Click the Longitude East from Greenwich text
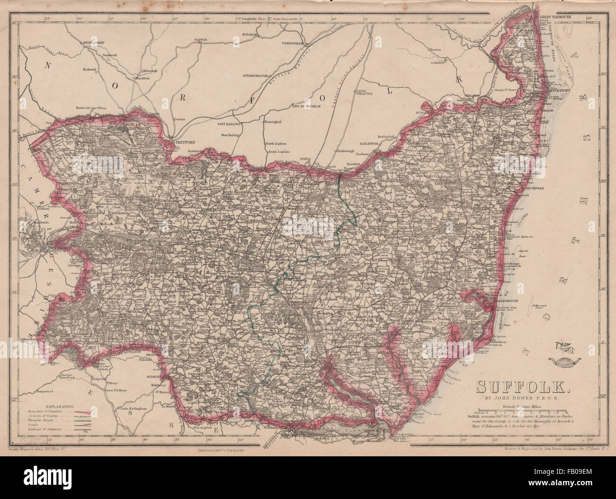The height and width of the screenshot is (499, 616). click(x=270, y=18)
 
